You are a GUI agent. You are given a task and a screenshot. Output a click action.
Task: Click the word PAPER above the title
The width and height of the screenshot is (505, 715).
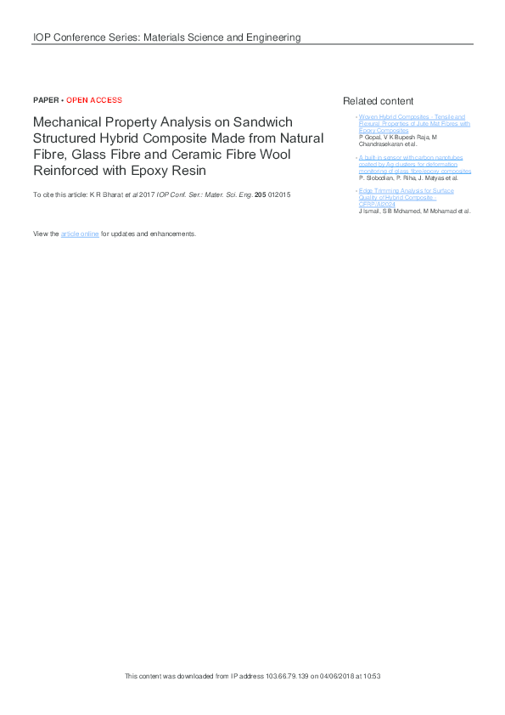pyautogui.click(x=46, y=100)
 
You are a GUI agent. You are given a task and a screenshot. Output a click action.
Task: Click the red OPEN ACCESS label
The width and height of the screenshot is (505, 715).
pyautogui.click(x=94, y=100)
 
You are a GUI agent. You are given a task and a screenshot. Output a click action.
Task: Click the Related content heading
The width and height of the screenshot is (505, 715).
pyautogui.click(x=378, y=101)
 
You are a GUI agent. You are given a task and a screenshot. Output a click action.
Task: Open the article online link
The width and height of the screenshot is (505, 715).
pyautogui.click(x=80, y=234)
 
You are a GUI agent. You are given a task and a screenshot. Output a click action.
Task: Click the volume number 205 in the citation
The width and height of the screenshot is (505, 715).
pyautogui.click(x=261, y=195)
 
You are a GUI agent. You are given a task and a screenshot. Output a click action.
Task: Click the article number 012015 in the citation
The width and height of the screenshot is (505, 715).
pyautogui.click(x=279, y=195)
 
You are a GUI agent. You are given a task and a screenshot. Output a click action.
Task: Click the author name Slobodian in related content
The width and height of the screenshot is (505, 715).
pyautogui.click(x=376, y=178)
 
